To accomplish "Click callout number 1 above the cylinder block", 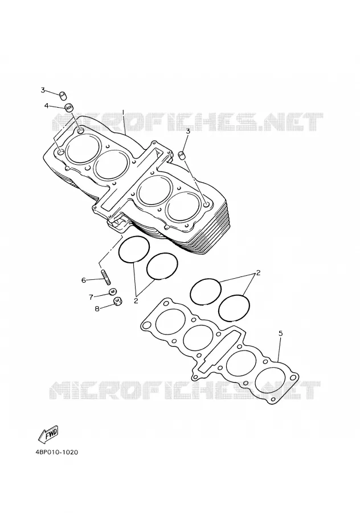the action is point(123,112).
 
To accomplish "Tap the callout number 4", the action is point(47,105).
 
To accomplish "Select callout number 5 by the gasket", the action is point(281,333).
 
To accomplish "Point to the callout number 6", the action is point(84,280).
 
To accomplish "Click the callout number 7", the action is point(91,297).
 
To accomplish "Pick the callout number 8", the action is point(97,308).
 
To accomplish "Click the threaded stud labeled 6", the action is point(107,277).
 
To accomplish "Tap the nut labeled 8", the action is point(118,301).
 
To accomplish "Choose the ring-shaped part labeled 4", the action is point(69,108).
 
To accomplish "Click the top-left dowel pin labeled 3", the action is point(63,96).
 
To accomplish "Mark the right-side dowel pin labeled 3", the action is point(182,154).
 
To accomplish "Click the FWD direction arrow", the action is point(48,434).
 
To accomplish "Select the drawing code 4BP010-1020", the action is point(57,453).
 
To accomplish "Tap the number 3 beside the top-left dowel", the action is point(43,90).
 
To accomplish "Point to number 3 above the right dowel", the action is point(187,132).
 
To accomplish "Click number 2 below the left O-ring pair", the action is point(136,300).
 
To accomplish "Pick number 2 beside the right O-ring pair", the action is point(258,272).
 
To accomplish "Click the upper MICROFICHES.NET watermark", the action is point(187,122).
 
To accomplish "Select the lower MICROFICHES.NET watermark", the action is point(185,390).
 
